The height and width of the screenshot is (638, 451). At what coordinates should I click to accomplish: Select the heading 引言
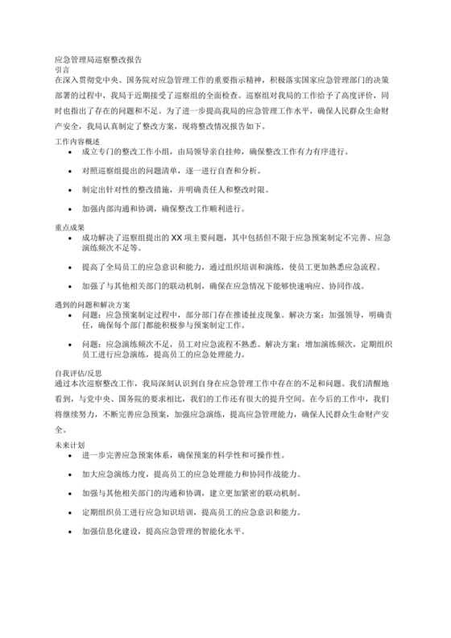click(62, 70)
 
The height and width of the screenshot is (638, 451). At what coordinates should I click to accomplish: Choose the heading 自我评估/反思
click(78, 373)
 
